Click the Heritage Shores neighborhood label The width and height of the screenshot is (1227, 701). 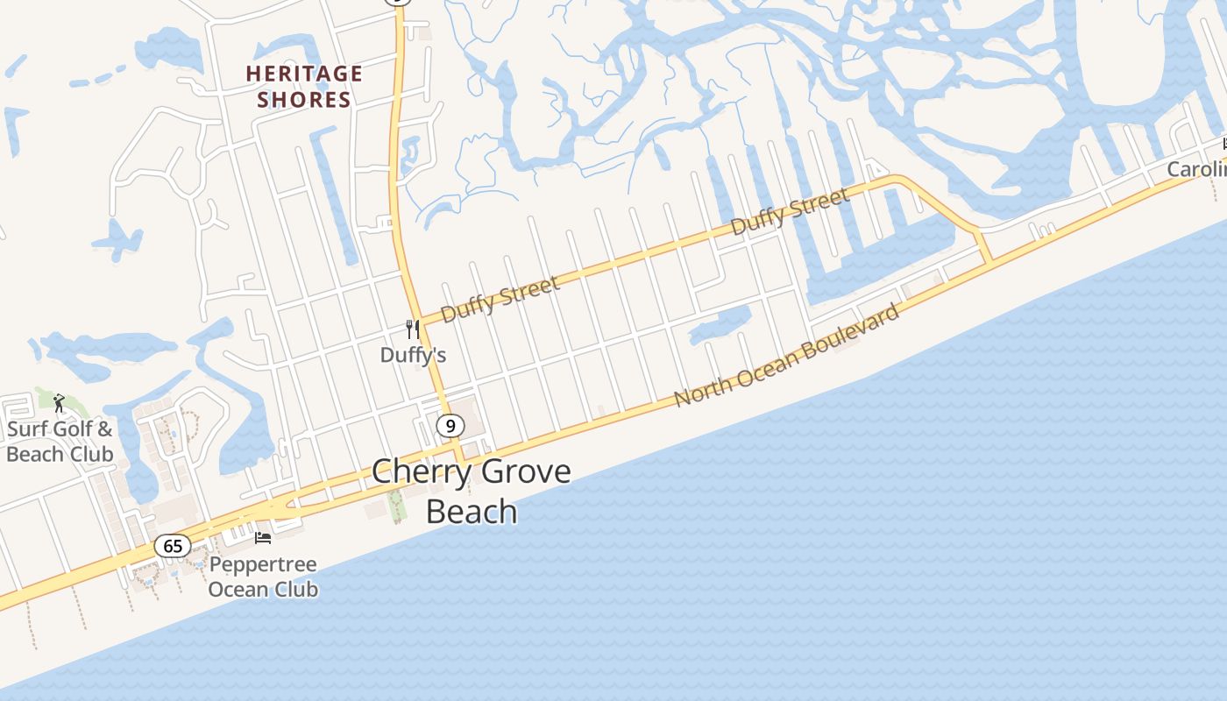coord(303,87)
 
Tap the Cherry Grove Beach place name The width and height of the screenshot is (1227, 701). coord(472,490)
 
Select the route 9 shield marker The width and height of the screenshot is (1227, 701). coord(450,426)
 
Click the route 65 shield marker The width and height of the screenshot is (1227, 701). coord(173,546)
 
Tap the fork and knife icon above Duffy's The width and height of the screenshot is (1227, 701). coord(412,329)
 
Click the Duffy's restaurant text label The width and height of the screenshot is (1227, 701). coord(413,355)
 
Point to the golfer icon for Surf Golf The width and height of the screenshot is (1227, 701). coord(59,403)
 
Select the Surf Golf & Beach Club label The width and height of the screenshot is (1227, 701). coord(60,442)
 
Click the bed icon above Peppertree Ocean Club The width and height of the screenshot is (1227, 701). coord(263,537)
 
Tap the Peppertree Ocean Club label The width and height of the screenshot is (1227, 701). coord(263,577)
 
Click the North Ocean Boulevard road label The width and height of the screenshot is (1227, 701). coord(787,355)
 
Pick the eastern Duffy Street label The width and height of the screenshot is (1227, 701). coord(790,211)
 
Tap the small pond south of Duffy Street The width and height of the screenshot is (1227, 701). coord(721,325)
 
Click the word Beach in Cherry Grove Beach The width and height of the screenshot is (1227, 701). coord(472,510)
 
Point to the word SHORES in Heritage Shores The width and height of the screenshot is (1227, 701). coord(303,100)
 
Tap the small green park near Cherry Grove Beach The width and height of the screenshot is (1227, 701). coord(395,505)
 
